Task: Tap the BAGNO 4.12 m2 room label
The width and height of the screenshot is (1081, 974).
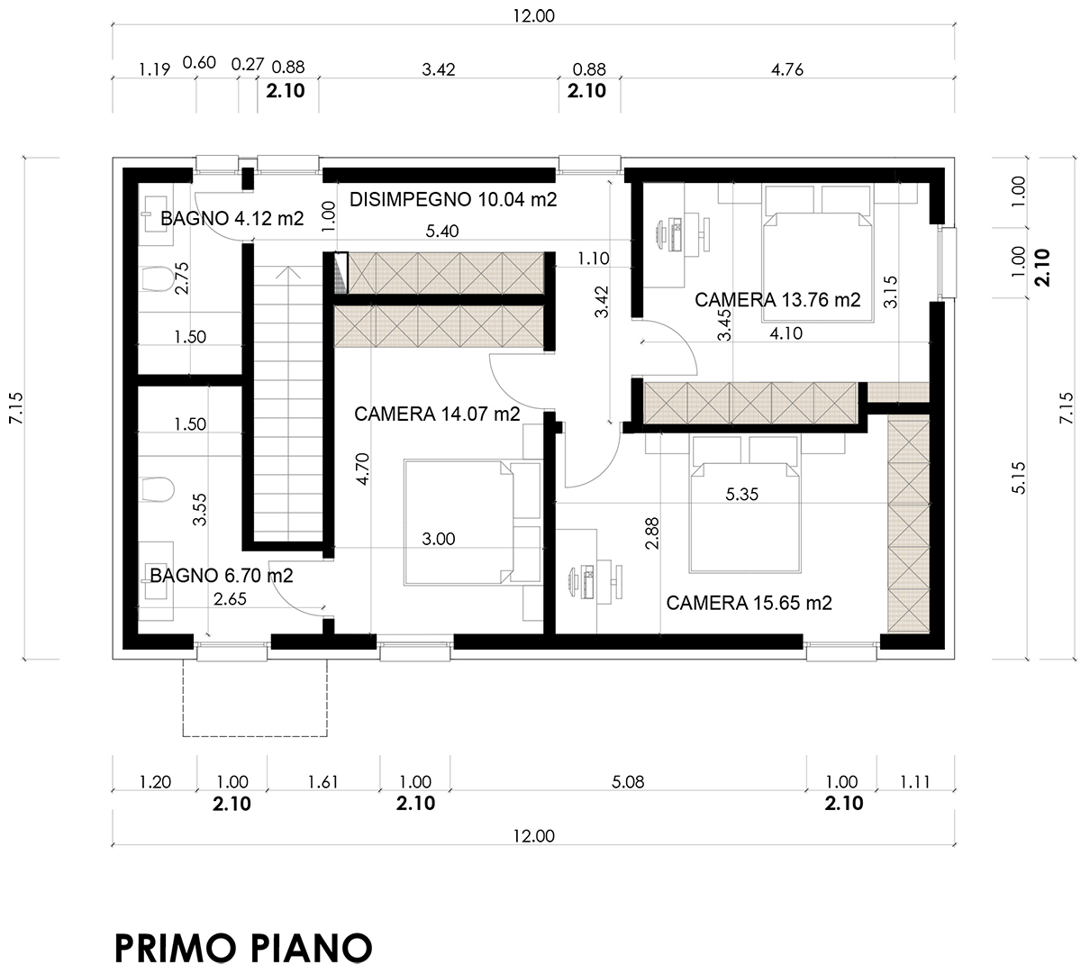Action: [x=232, y=218]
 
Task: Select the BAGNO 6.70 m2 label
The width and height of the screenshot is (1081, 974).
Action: [x=222, y=575]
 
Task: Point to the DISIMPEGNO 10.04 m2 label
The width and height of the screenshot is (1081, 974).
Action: [x=453, y=199]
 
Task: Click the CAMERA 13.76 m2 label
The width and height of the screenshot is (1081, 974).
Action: [x=777, y=300]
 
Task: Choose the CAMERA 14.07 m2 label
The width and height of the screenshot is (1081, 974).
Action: [x=437, y=414]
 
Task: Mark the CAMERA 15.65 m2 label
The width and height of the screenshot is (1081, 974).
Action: [x=749, y=603]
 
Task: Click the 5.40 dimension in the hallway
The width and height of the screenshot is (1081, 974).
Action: [x=442, y=232]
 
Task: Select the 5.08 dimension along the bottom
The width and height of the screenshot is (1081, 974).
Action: [x=628, y=782]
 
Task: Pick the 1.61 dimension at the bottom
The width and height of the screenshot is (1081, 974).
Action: [x=322, y=782]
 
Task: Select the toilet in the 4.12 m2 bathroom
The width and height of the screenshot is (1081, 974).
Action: [x=156, y=279]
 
